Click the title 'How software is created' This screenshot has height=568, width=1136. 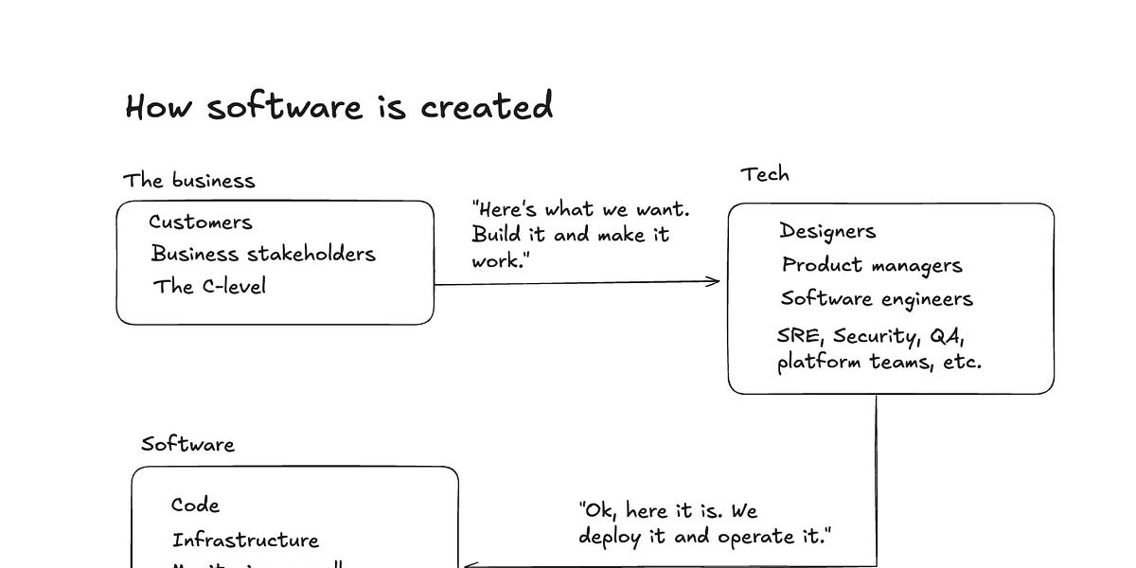pyautogui.click(x=339, y=106)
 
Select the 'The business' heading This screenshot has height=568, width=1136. pyautogui.click(x=188, y=180)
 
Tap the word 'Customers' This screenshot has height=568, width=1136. pyautogui.click(x=201, y=222)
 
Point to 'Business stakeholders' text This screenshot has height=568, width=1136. pyautogui.click(x=263, y=254)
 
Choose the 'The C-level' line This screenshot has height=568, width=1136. pyautogui.click(x=209, y=286)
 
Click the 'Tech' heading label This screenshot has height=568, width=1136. pyautogui.click(x=764, y=174)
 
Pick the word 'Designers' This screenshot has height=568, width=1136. pyautogui.click(x=827, y=231)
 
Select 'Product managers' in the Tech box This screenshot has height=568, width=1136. pyautogui.click(x=872, y=265)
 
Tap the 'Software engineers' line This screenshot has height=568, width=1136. pyautogui.click(x=877, y=299)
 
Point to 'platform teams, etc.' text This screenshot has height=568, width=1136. pyautogui.click(x=879, y=362)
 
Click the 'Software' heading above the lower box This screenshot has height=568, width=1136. pyautogui.click(x=187, y=444)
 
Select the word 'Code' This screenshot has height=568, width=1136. pyautogui.click(x=195, y=506)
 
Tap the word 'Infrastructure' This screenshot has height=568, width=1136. pyautogui.click(x=245, y=541)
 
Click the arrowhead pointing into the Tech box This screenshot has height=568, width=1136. pyautogui.click(x=715, y=281)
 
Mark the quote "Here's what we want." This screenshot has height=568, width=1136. pyautogui.click(x=580, y=209)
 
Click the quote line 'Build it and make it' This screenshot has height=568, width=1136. pyautogui.click(x=571, y=235)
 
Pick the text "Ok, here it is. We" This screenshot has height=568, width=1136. pyautogui.click(x=667, y=511)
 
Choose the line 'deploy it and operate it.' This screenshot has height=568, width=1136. pyautogui.click(x=704, y=537)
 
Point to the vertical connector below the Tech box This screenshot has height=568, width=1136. pyautogui.click(x=876, y=473)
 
